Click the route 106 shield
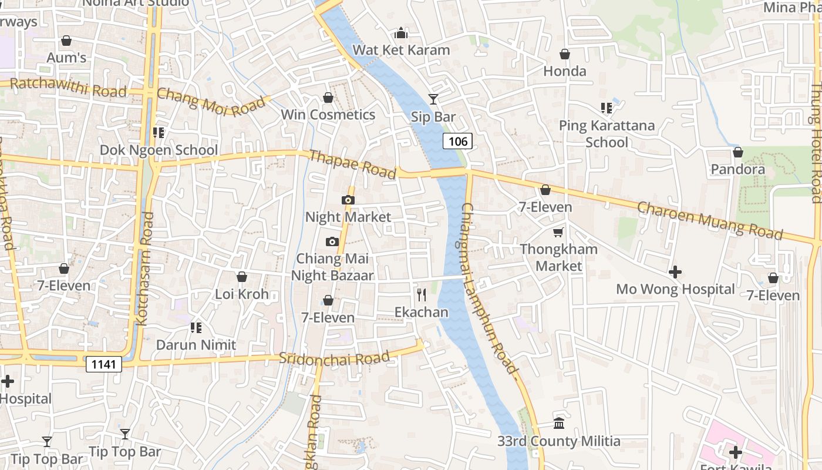(x=457, y=141)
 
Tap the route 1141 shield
(x=104, y=364)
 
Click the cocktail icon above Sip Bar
(x=433, y=99)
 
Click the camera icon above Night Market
(x=348, y=200)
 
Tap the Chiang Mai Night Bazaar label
(x=332, y=267)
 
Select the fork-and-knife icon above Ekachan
(x=421, y=294)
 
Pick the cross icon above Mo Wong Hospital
(x=675, y=272)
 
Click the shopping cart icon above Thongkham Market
(x=558, y=232)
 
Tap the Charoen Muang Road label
(x=710, y=220)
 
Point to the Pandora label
(x=754, y=170)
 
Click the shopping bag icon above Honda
(x=565, y=54)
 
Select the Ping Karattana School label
(x=607, y=134)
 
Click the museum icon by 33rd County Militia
(x=559, y=423)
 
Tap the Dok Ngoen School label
(x=159, y=150)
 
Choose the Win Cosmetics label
(x=328, y=115)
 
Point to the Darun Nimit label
(x=196, y=345)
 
